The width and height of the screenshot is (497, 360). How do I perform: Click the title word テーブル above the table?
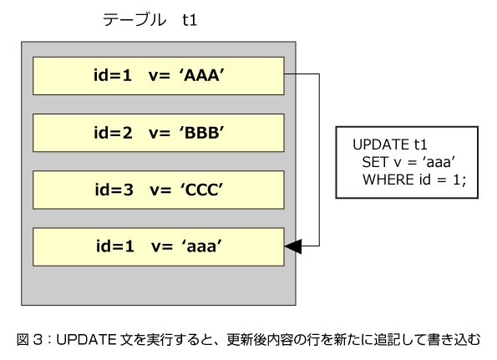134,20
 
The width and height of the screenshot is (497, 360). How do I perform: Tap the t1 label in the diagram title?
190,20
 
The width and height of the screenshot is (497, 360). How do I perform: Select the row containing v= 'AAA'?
159,76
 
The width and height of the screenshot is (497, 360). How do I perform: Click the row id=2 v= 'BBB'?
159,133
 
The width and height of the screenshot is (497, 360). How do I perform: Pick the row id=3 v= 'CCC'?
159,190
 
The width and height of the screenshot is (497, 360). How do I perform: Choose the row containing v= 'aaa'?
159,246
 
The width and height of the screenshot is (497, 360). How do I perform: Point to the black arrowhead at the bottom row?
293,246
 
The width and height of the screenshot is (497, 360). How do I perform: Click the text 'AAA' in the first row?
202,75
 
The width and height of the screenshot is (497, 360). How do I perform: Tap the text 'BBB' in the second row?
202,133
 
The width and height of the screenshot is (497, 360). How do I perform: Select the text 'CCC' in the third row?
202,190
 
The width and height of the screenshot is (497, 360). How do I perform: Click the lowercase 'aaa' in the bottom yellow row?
202,246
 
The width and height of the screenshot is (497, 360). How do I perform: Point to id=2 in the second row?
113,133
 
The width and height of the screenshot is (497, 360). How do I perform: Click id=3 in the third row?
114,190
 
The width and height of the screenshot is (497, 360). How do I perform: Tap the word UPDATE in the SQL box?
381,145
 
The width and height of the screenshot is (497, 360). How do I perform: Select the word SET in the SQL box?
375,162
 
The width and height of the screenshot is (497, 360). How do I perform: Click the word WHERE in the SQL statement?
388,180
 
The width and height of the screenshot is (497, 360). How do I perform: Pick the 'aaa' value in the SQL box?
439,162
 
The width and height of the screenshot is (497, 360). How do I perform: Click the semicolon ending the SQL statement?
464,181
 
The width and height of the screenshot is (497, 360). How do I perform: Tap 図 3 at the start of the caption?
29,340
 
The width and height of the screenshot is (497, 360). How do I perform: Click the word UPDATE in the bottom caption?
87,340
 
